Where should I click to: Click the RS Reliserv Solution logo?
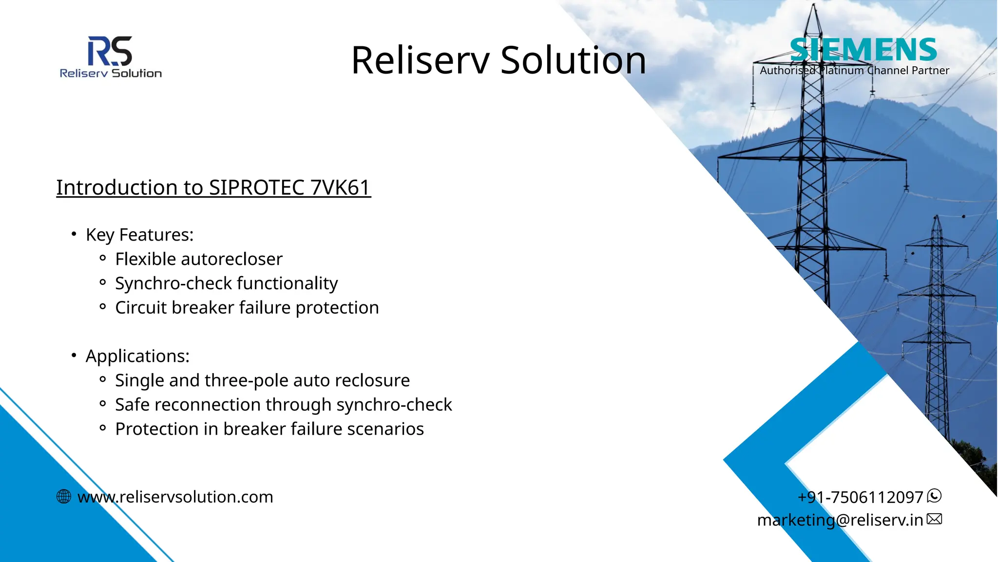pyautogui.click(x=111, y=57)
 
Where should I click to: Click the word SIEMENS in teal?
pyautogui.click(x=863, y=50)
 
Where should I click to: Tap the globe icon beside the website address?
pyautogui.click(x=64, y=497)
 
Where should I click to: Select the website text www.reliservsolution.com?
pyautogui.click(x=175, y=497)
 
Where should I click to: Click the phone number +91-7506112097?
pyautogui.click(x=860, y=497)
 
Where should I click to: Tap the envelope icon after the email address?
pyautogui.click(x=934, y=519)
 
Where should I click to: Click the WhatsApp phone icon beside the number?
pyautogui.click(x=934, y=496)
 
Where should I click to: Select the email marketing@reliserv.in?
pyautogui.click(x=840, y=520)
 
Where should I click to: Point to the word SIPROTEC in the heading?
pyautogui.click(x=257, y=187)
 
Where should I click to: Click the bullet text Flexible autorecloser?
pyautogui.click(x=198, y=259)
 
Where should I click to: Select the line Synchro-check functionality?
pyautogui.click(x=226, y=283)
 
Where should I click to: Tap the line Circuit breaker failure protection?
pyautogui.click(x=247, y=308)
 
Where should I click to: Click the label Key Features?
pyautogui.click(x=139, y=235)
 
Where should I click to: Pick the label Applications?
pyautogui.click(x=137, y=356)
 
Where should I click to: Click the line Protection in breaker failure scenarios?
pyautogui.click(x=269, y=429)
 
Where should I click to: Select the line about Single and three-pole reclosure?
pyautogui.click(x=262, y=381)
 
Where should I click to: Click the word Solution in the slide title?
pyautogui.click(x=573, y=60)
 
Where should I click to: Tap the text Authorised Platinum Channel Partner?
pyautogui.click(x=854, y=71)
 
